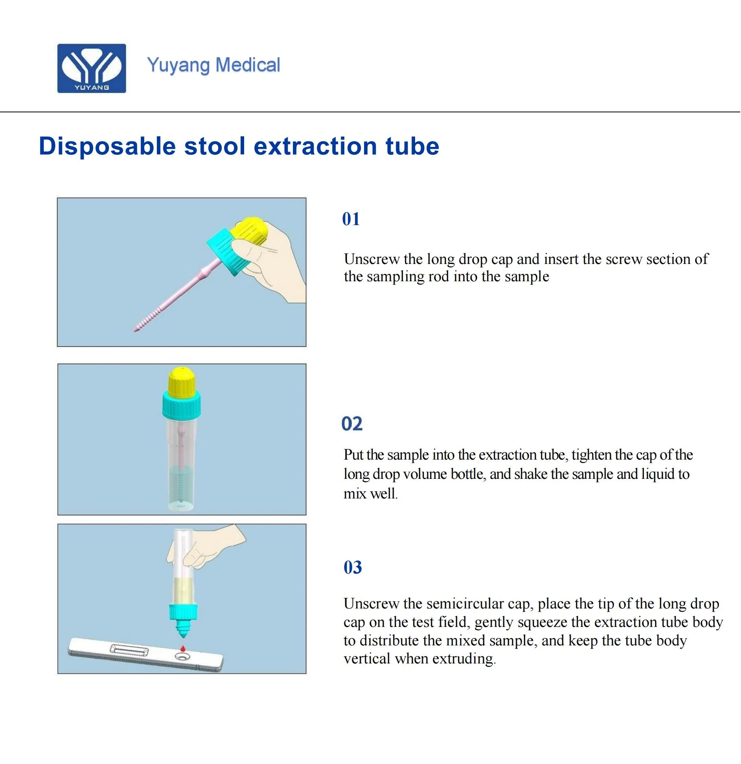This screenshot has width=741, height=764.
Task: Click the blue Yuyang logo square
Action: coord(92,68)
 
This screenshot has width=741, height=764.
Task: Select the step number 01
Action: coord(351,219)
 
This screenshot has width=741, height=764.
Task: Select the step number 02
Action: coord(352,424)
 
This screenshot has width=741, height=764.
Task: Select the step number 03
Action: coord(353,568)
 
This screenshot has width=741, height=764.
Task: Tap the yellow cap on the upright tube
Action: coord(181,382)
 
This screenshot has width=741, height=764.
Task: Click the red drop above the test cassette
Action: coord(182,648)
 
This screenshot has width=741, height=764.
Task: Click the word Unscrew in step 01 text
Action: coord(371,259)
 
